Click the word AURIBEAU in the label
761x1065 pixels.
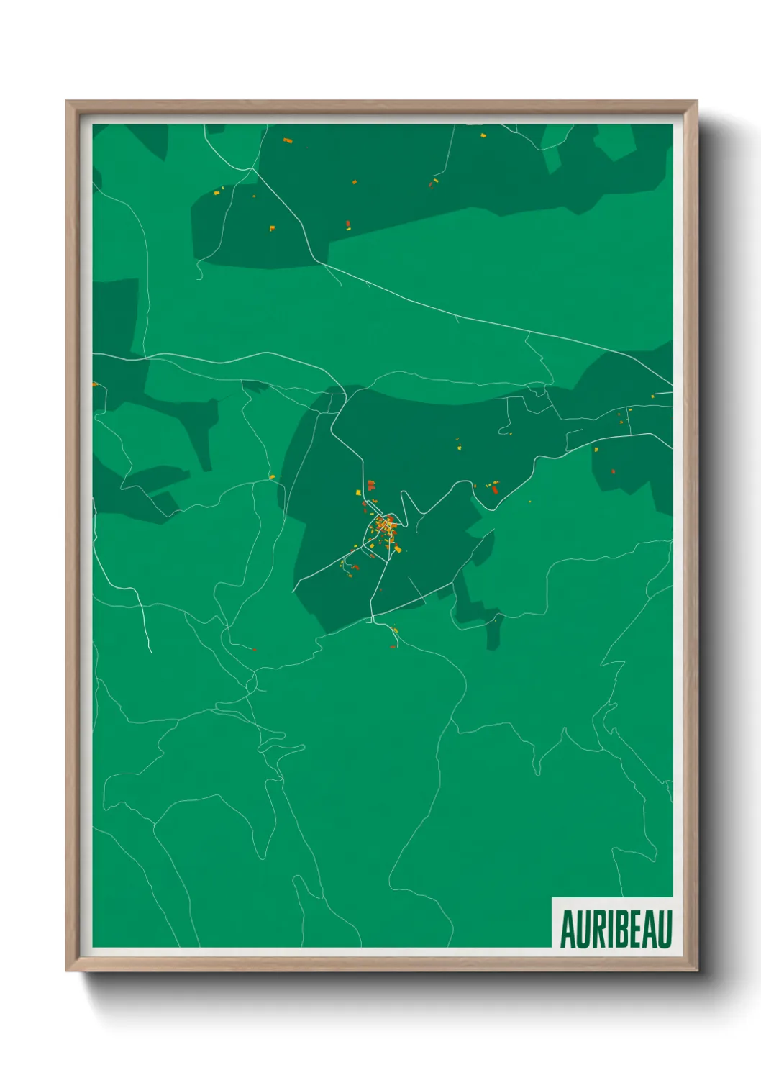(616, 929)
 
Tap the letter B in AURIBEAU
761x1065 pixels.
(614, 929)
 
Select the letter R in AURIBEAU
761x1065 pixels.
(592, 929)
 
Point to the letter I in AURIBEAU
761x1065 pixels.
(603, 929)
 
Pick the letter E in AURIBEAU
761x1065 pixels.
(629, 929)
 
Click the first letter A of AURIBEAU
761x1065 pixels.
(566, 929)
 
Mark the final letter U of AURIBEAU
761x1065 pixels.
(665, 929)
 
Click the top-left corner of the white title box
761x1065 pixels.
(552, 898)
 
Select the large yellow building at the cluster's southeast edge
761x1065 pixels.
(398, 549)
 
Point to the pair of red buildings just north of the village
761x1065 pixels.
(371, 486)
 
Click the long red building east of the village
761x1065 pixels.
(495, 489)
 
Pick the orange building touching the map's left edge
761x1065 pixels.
(94, 384)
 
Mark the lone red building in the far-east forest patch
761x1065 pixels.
(613, 472)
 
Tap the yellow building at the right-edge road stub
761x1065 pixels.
(652, 395)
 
